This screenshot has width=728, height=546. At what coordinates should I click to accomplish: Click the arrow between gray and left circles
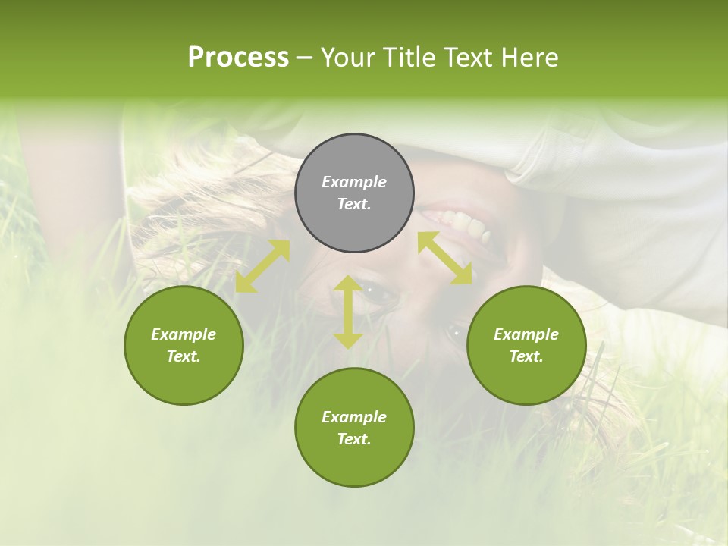pyautogui.click(x=262, y=266)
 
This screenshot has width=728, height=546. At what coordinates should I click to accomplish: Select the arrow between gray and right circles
pyautogui.click(x=445, y=258)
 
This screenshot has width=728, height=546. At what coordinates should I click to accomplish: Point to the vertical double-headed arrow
pyautogui.click(x=348, y=312)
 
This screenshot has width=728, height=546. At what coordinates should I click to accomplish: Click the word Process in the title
pyautogui.click(x=238, y=57)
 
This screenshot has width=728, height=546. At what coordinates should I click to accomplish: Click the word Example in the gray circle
pyautogui.click(x=354, y=182)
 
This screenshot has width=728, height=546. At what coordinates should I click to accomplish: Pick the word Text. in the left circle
pyautogui.click(x=184, y=356)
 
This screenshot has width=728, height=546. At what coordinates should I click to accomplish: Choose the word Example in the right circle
pyautogui.click(x=526, y=334)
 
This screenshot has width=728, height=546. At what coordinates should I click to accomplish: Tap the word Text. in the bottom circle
pyautogui.click(x=354, y=439)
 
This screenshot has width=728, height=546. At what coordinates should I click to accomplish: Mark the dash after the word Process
pyautogui.click(x=305, y=58)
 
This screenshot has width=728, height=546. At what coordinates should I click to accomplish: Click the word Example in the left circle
pyautogui.click(x=184, y=334)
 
